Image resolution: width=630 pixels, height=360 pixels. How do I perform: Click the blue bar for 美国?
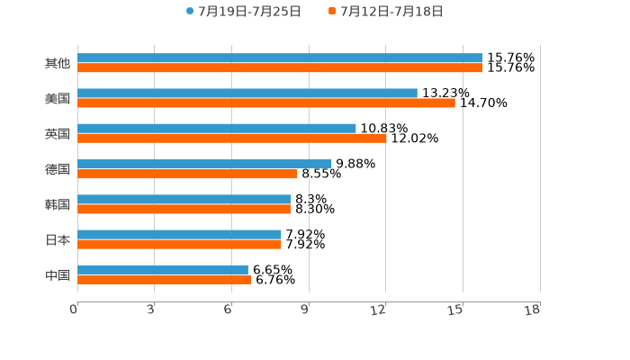(247, 94)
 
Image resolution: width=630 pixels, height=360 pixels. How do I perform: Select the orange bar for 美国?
(266, 103)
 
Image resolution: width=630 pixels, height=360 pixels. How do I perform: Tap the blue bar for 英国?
(217, 129)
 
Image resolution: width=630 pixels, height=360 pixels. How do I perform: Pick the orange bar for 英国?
(232, 139)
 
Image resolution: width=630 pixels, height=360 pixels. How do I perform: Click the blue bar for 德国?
(204, 164)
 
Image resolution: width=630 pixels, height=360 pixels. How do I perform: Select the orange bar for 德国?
(187, 174)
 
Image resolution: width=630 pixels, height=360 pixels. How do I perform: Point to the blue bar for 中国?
(163, 269)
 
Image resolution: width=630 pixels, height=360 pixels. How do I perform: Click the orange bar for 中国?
(165, 279)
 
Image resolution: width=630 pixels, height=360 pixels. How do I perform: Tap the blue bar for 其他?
(280, 58)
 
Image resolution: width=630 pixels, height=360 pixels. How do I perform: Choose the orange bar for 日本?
(179, 244)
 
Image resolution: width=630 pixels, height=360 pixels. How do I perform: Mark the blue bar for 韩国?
(184, 199)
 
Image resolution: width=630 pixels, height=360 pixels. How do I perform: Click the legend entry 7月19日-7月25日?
(244, 12)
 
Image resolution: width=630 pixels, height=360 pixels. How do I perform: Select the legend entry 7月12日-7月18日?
(386, 12)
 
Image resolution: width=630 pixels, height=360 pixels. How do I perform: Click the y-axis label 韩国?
(58, 204)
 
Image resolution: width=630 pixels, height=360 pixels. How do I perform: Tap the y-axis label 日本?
(58, 239)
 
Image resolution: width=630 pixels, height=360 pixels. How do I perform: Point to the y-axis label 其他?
(58, 63)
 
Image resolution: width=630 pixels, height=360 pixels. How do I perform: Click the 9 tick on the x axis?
(305, 310)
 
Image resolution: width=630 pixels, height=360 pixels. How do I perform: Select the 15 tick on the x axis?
(456, 310)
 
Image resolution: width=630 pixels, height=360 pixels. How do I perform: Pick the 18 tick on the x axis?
(533, 310)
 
